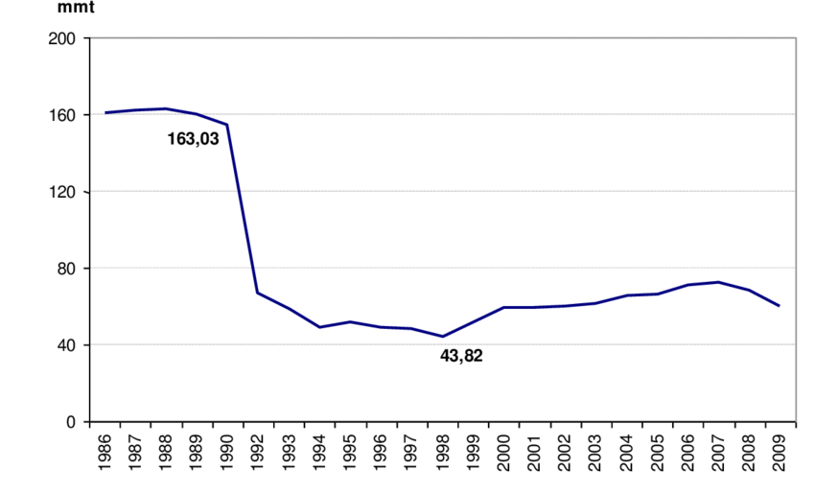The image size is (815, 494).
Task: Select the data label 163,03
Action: tap(193, 138)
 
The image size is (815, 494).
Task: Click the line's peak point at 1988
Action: tap(166, 108)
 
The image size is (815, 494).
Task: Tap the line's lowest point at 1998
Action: tap(442, 337)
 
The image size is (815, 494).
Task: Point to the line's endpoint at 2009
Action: tap(780, 306)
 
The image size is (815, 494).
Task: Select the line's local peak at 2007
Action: tap(718, 282)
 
